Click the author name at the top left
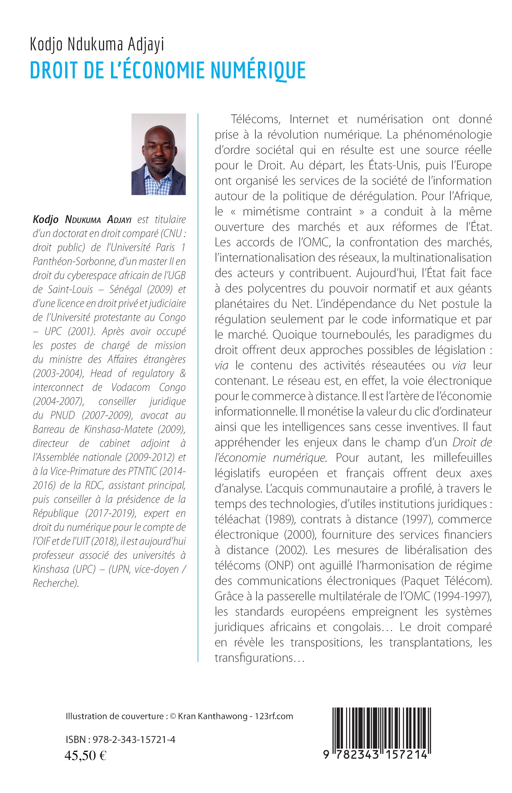click(97, 45)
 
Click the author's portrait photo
click(159, 154)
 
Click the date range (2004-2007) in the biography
click(58, 402)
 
